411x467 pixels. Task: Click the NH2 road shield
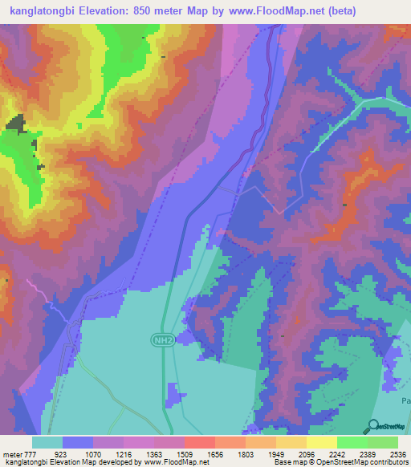pos(161,341)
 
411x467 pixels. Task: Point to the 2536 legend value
pos(397,454)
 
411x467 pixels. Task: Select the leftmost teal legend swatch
pos(47,443)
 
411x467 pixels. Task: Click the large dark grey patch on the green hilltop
pos(15,124)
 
